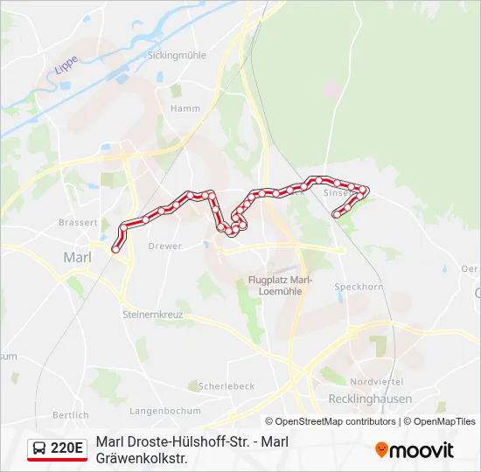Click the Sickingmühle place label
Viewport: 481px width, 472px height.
[177, 54]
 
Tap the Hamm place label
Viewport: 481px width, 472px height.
[185, 109]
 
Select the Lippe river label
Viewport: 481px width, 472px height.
[66, 64]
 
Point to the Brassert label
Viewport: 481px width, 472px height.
[77, 223]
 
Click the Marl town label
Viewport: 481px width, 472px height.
[77, 257]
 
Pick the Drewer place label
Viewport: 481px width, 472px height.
[165, 246]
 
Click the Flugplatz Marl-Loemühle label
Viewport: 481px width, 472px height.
[275, 286]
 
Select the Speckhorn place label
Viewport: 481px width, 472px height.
[359, 287]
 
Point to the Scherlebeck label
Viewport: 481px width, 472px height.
[227, 386]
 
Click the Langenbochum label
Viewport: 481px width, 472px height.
[165, 410]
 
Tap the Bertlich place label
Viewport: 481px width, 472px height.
[71, 414]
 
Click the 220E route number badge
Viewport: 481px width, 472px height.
[67, 449]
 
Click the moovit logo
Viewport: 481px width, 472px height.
[415, 450]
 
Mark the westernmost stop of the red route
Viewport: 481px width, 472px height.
[115, 250]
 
